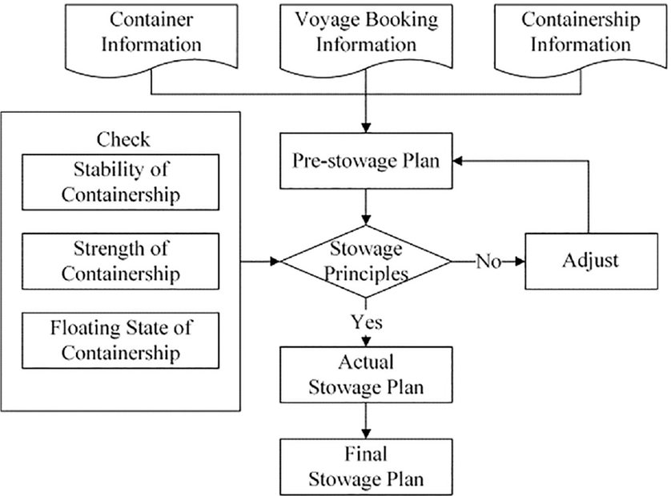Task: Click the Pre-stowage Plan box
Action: (x=366, y=160)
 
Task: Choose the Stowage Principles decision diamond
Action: (x=366, y=262)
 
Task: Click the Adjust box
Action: (x=590, y=262)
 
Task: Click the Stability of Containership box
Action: (x=121, y=182)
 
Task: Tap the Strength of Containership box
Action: (x=121, y=261)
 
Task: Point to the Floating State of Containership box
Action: (x=121, y=339)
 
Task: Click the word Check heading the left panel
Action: (x=123, y=139)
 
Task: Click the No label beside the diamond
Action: (x=488, y=262)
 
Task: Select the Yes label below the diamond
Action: (x=366, y=322)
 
